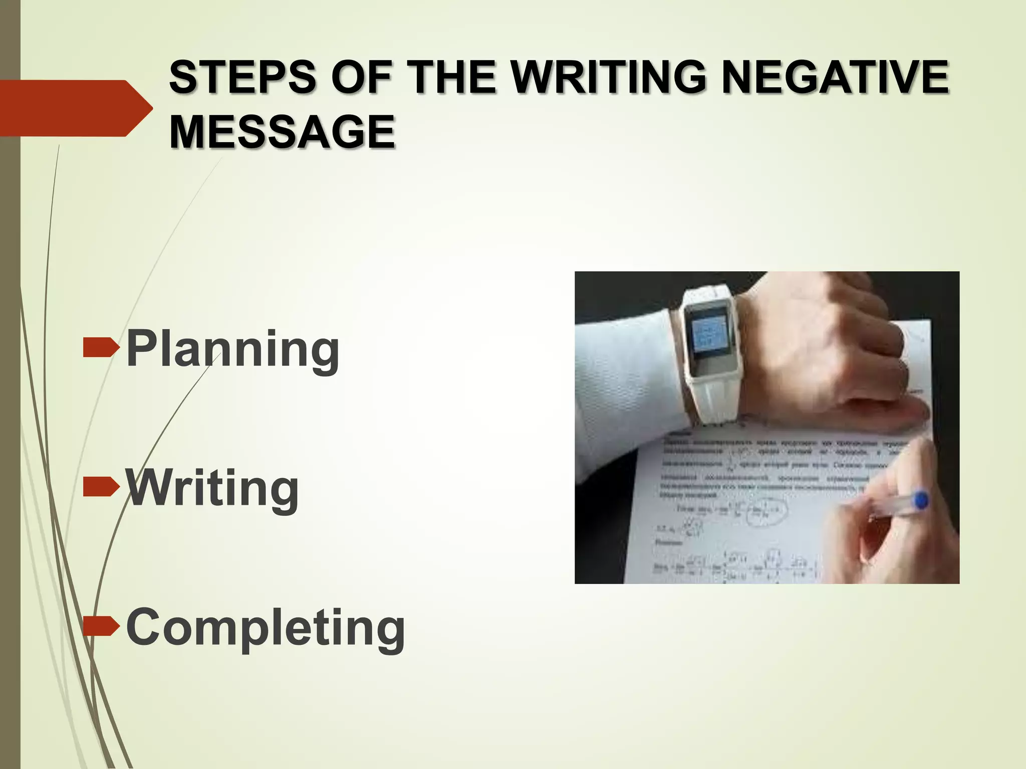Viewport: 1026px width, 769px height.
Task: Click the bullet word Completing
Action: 266,628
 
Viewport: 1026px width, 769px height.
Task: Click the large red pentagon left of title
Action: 70,108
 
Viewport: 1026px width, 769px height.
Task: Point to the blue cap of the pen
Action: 920,500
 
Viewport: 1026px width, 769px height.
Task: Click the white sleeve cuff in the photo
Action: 626,391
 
